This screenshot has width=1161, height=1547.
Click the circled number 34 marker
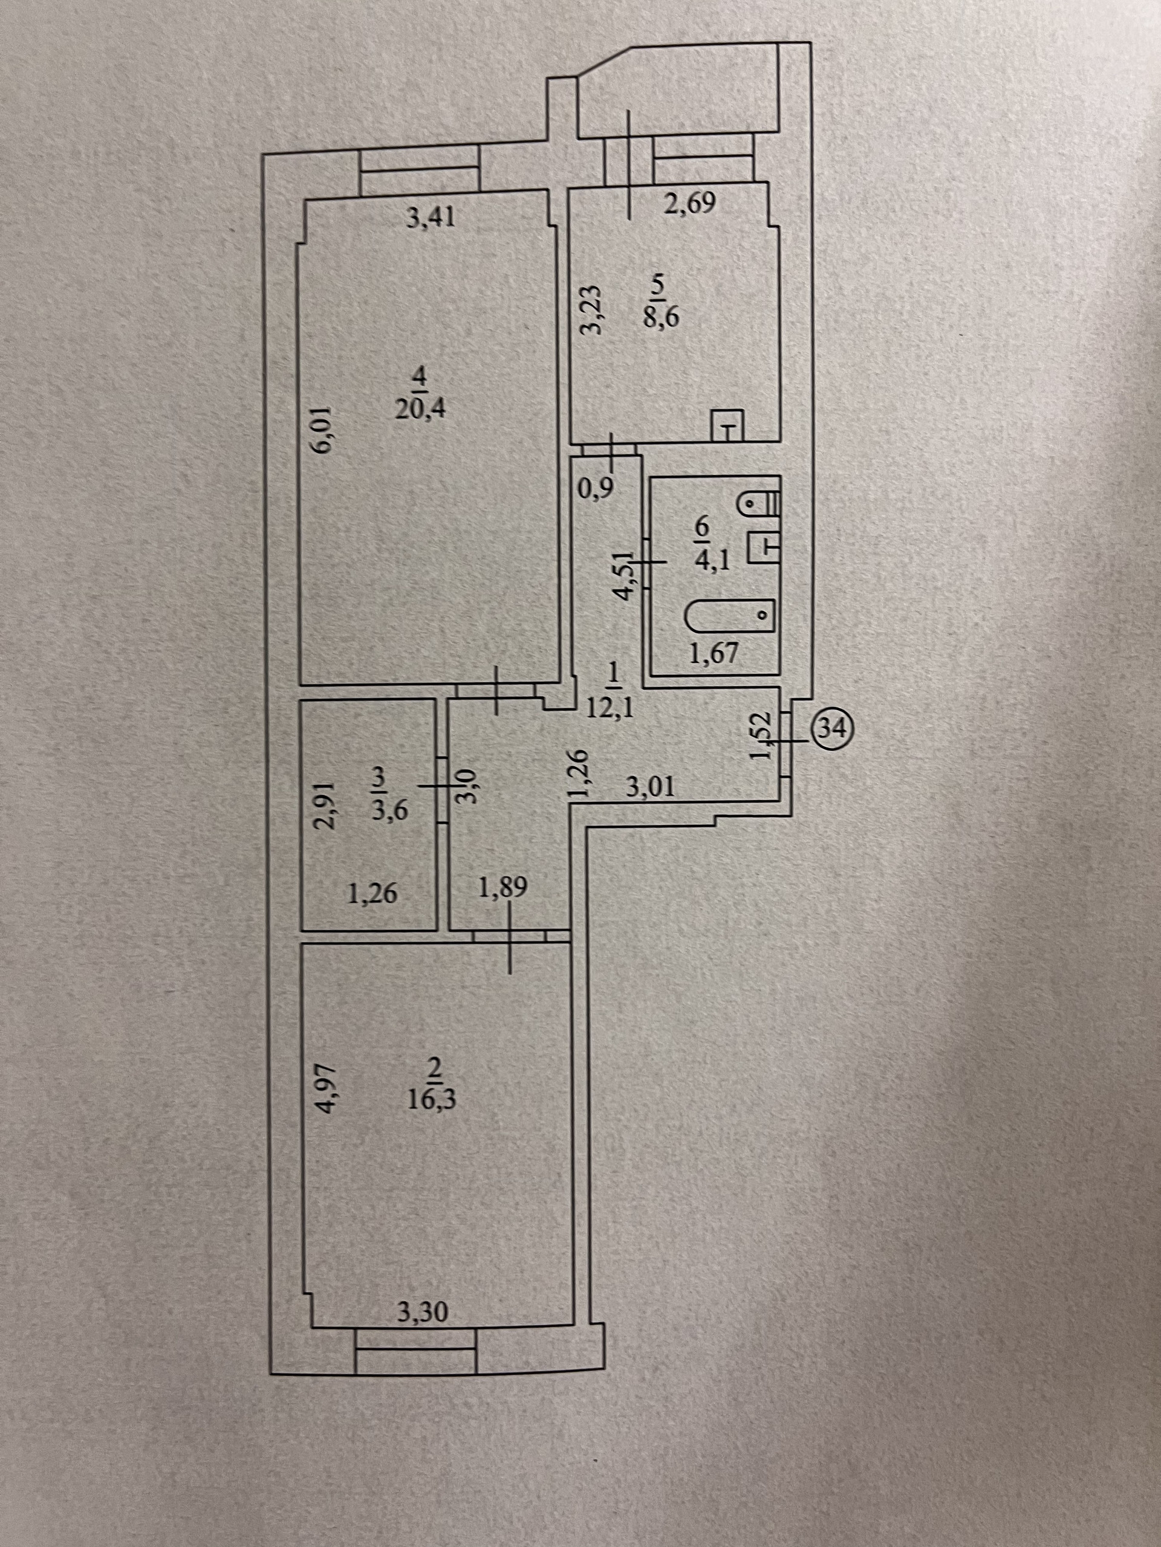click(x=829, y=728)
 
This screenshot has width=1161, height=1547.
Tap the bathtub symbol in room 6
click(x=729, y=615)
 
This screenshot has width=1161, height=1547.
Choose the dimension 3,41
click(x=431, y=219)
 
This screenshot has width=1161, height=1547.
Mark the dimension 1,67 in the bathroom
click(x=714, y=654)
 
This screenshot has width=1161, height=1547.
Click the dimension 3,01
click(x=651, y=788)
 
